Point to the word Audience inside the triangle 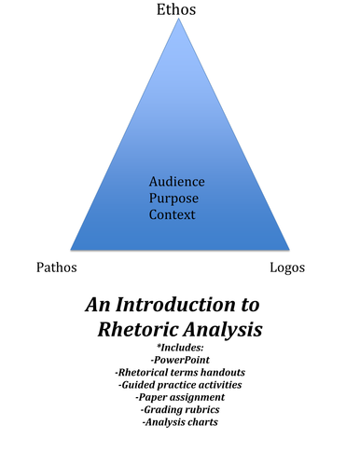click(x=176, y=181)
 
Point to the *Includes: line click(x=179, y=347)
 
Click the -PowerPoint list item click(x=179, y=359)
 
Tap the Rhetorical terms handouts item click(x=179, y=372)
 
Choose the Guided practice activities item click(x=179, y=384)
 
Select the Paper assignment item click(x=179, y=397)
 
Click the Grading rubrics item click(x=179, y=410)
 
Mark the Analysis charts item click(x=179, y=422)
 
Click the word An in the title click(x=99, y=305)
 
